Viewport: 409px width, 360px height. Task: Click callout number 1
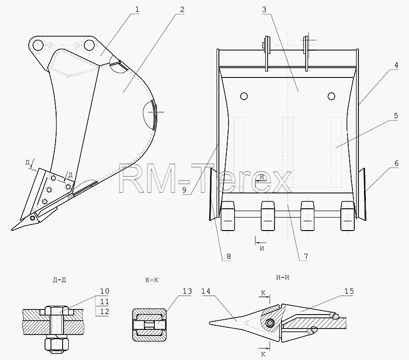pos(137,10)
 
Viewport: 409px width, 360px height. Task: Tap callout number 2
pos(182,10)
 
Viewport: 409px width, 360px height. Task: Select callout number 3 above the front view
pos(264,10)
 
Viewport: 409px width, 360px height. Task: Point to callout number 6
pos(396,164)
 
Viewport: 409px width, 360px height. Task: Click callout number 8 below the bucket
pos(229,257)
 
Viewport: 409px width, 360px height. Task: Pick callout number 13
pos(187,291)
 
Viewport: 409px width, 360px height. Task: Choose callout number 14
pos(206,291)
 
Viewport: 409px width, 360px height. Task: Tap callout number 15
pos(349,291)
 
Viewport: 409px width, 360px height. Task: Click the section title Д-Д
pos(59,280)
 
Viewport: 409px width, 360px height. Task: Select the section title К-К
pos(152,280)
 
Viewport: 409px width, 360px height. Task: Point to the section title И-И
pos(282,277)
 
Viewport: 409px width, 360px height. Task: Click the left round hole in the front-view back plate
pos(244,96)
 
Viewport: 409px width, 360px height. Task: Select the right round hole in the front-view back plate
pos(332,96)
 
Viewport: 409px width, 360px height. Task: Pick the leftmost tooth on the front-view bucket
pos(228,216)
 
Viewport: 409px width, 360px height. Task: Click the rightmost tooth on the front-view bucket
pos(348,216)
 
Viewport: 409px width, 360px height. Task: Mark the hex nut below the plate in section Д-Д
pos(57,344)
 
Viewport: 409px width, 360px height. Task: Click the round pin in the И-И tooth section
pos(269,323)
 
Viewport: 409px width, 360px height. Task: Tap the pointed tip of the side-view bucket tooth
pos(12,230)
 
